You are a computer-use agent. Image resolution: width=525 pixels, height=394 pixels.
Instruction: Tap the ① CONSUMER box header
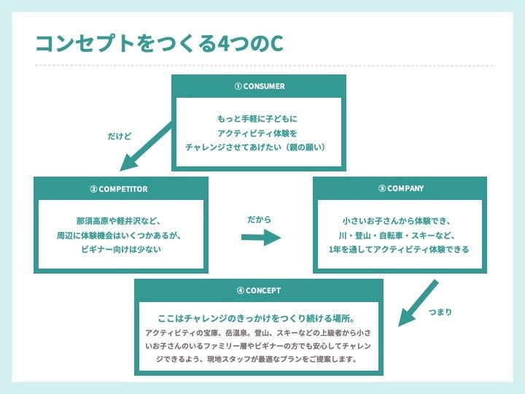259,86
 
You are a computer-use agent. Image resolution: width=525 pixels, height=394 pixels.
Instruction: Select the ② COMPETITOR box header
120,189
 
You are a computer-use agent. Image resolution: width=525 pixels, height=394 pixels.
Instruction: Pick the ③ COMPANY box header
400,188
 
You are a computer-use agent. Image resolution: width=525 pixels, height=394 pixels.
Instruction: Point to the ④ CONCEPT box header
259,290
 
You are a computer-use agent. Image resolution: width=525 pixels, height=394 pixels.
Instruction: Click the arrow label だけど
119,136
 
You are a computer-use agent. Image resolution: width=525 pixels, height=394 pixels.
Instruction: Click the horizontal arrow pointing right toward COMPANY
261,238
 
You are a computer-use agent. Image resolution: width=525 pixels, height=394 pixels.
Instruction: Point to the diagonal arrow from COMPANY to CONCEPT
418,302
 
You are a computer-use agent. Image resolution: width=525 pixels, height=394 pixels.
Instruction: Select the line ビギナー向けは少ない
121,250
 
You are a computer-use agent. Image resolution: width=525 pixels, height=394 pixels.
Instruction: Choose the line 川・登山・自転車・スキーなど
400,235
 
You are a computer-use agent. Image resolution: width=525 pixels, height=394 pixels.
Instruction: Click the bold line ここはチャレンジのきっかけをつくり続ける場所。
257,319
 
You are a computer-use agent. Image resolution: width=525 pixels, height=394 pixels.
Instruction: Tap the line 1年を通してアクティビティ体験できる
399,250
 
